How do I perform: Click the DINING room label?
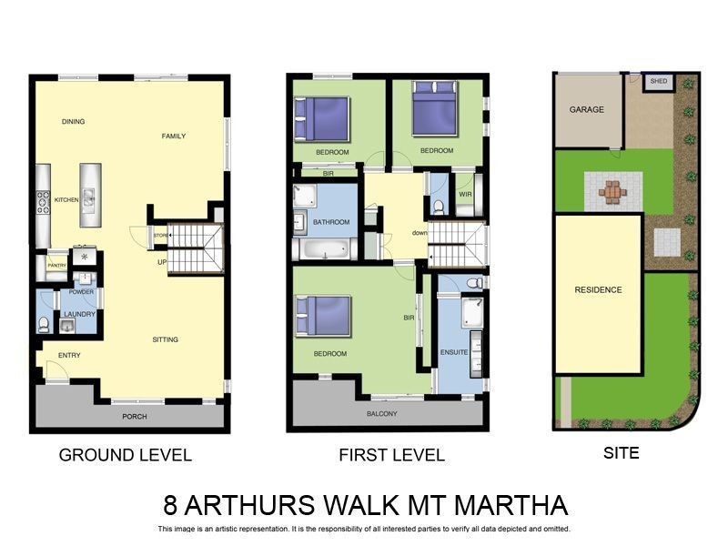pos(73,122)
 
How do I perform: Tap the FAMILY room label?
pos(174,136)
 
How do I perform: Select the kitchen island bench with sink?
pos(89,196)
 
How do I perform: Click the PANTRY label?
pos(56,266)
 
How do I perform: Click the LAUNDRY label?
pos(80,315)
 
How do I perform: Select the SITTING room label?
pos(165,339)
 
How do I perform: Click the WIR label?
pos(465,194)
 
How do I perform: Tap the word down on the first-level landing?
pos(419,233)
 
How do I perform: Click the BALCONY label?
pos(382,414)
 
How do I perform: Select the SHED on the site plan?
pos(658,82)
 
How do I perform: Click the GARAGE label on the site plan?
pos(586,109)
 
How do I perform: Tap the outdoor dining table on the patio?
pos(613,192)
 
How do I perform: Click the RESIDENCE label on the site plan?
pos(598,290)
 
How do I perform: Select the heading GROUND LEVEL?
pos(126,455)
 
